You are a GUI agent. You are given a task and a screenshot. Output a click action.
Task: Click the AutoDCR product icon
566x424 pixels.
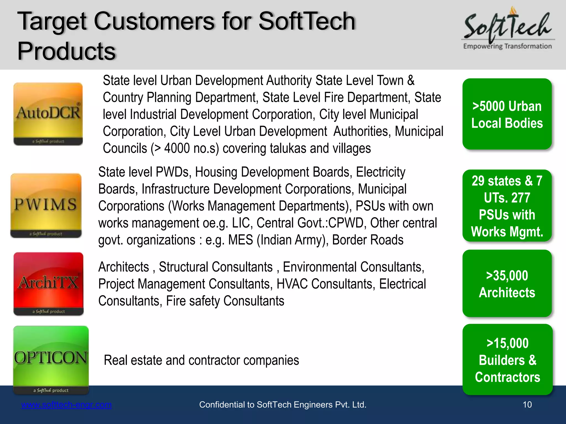coord(48,114)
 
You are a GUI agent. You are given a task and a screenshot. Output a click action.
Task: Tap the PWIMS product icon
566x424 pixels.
coord(46,205)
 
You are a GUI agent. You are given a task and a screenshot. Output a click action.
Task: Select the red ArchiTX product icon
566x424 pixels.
coord(48,283)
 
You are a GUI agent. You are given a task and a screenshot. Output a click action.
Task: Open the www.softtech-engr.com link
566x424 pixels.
coord(66,405)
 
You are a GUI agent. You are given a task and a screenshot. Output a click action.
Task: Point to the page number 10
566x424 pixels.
coord(527,405)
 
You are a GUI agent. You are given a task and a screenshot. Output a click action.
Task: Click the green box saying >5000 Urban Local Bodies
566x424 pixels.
coord(507,114)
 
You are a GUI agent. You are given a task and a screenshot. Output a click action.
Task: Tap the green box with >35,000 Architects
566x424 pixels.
coord(507,284)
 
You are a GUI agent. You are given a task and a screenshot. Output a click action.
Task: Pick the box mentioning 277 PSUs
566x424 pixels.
coord(507,206)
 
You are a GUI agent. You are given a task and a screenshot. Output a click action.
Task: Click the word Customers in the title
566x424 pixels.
coord(154,22)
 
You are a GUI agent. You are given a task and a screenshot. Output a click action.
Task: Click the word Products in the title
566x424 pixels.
coord(66,51)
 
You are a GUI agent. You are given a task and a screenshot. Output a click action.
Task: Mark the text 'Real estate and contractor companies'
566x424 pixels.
coord(201,360)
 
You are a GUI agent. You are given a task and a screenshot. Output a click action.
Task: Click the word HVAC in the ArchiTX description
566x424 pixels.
coord(292,284)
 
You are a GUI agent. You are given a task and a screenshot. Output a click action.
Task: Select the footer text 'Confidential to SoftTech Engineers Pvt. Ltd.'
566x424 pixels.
coord(283,405)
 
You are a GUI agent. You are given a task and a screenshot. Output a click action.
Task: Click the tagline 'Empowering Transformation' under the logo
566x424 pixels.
coord(507,46)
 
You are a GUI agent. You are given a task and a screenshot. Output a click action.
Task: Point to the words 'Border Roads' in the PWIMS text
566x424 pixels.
coord(368,240)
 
